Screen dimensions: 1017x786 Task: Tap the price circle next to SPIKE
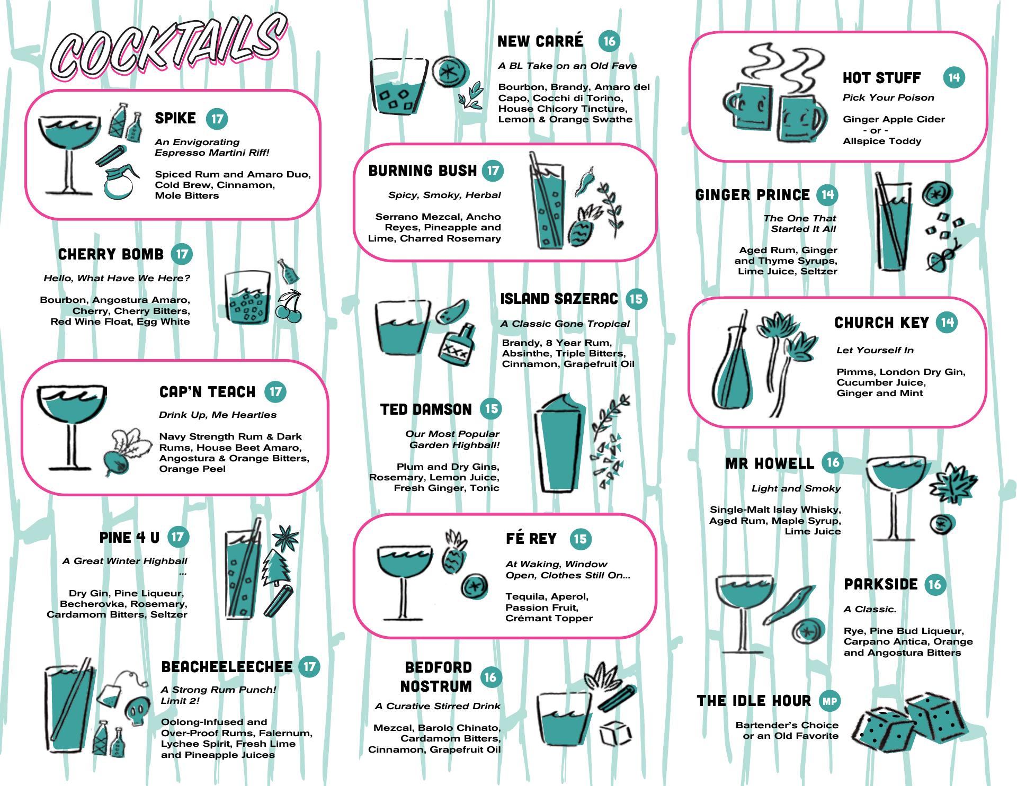217,119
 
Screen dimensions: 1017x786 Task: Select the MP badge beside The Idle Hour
829,701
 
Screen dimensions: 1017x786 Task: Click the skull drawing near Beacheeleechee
136,710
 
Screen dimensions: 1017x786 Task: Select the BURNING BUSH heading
423,171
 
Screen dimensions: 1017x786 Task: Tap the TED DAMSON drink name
426,409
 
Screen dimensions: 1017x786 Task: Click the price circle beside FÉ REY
581,539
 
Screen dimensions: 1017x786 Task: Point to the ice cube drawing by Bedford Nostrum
615,734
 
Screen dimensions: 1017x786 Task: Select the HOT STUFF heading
882,78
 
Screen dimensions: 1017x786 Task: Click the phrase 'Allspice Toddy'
882,141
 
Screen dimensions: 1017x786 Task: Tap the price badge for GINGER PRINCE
827,195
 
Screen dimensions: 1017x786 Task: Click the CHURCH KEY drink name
881,323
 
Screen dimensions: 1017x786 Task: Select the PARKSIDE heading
881,584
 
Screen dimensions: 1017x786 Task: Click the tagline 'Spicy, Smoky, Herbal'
444,195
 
